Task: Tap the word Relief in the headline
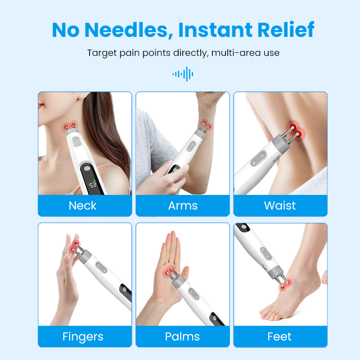[x=286, y=29]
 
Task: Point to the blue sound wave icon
[x=183, y=74]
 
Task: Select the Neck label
[x=83, y=206]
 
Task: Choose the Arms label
[x=183, y=206]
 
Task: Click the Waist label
[x=280, y=205]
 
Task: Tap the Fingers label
[x=83, y=337]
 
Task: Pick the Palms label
[x=183, y=337]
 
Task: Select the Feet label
[x=279, y=337]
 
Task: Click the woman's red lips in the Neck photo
[x=40, y=106]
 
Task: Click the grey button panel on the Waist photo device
[x=258, y=158]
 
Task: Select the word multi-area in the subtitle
[x=236, y=53]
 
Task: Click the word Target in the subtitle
[x=102, y=53]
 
